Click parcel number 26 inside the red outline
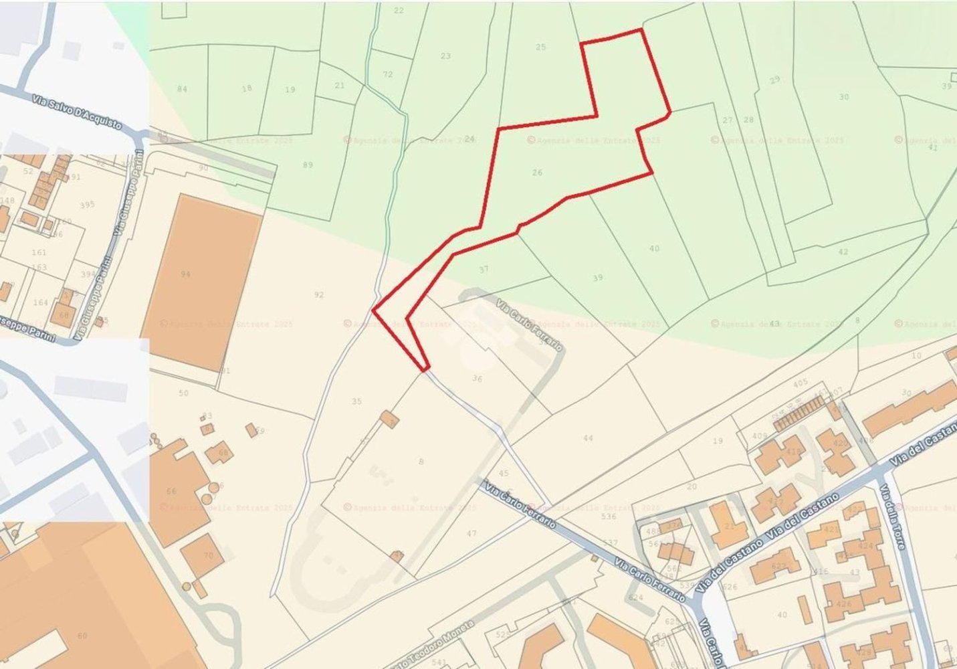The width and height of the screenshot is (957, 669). click(x=537, y=173)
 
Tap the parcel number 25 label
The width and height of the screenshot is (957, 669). click(x=541, y=47)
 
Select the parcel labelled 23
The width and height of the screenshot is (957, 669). click(x=445, y=56)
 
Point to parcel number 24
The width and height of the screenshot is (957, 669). click(x=469, y=139)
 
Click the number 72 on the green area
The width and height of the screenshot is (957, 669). click(x=388, y=74)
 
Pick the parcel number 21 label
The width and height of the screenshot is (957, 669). click(x=340, y=86)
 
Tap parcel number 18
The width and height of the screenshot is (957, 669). click(x=247, y=88)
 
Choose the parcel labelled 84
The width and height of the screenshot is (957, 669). click(x=182, y=89)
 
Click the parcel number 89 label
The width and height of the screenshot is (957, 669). click(x=308, y=165)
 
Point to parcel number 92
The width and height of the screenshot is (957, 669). click(x=319, y=294)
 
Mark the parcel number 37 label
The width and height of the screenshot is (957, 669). click(x=484, y=270)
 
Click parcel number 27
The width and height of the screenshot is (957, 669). click(x=728, y=120)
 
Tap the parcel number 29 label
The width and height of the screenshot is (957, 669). click(x=774, y=80)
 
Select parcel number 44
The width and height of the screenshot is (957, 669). click(x=588, y=438)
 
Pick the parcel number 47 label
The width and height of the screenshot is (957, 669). click(x=471, y=533)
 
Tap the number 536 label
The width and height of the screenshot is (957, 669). click(x=609, y=517)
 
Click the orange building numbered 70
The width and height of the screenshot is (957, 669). click(x=208, y=555)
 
